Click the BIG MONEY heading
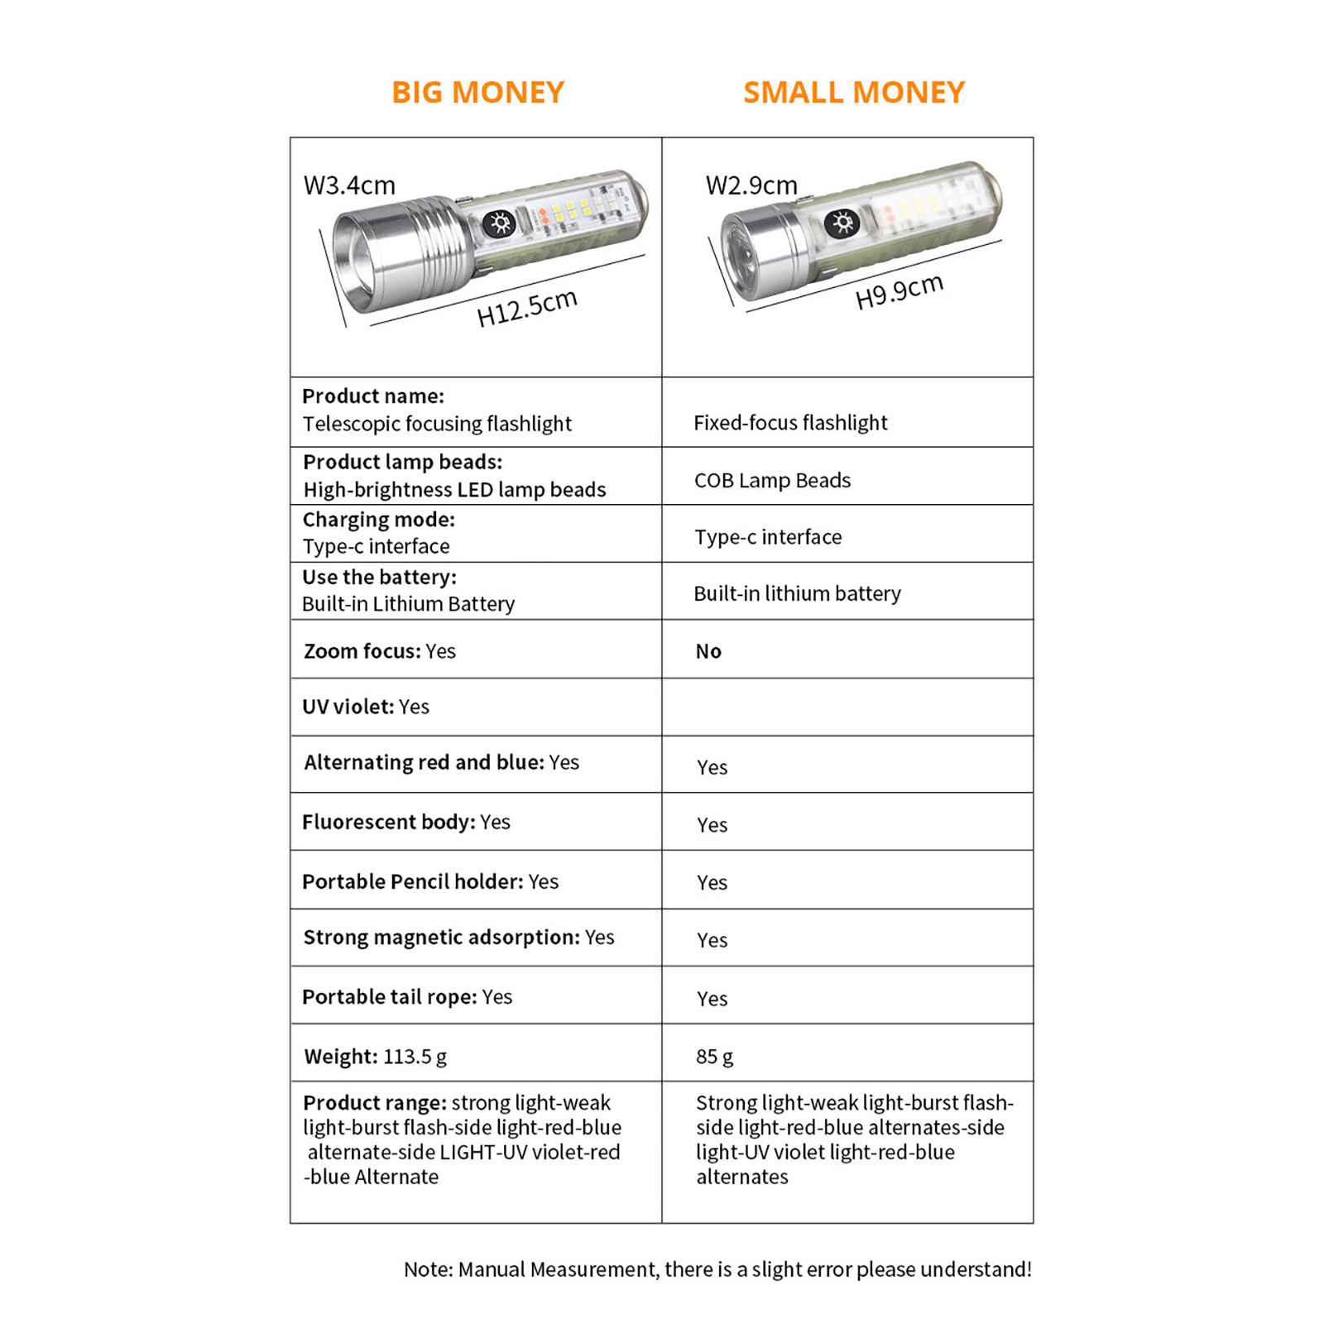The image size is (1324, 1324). click(477, 92)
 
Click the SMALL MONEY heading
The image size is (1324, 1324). click(853, 92)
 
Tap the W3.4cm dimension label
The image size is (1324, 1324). click(349, 185)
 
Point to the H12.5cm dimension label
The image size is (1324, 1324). click(526, 308)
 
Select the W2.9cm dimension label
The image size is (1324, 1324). click(751, 185)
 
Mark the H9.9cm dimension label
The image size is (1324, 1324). click(899, 291)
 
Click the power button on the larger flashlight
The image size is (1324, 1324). click(499, 223)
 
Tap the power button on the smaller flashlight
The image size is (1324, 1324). click(842, 223)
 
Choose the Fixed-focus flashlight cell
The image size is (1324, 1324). click(789, 423)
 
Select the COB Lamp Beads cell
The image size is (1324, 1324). click(771, 481)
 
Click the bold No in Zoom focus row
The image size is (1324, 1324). click(708, 651)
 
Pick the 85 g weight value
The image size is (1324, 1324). click(714, 1057)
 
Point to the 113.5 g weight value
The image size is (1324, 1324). click(415, 1057)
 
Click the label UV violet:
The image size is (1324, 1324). click(348, 707)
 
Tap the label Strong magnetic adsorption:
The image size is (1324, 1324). click(441, 938)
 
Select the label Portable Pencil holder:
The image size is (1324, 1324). click(412, 882)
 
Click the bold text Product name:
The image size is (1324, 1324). click(372, 396)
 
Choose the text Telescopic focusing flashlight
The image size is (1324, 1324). click(437, 424)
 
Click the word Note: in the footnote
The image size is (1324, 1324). click(428, 1269)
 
